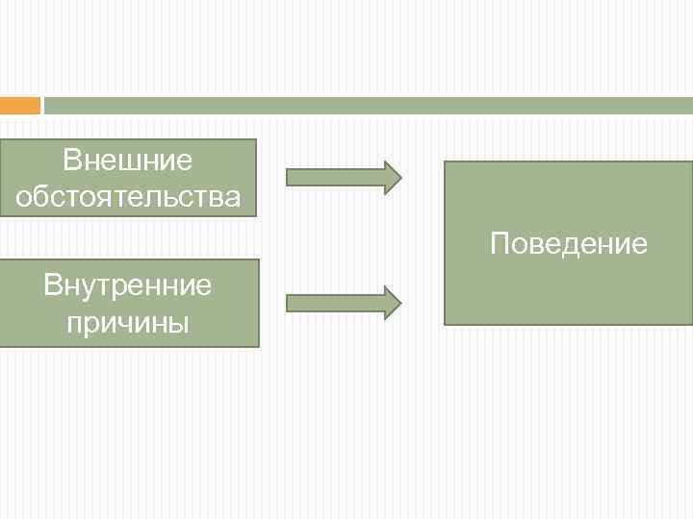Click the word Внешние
click(128, 160)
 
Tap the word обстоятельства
click(128, 197)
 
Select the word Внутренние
click(128, 284)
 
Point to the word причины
click(128, 322)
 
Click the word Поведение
click(568, 243)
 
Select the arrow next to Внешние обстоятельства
click(344, 177)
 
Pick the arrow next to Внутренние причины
click(344, 302)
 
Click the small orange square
click(20, 105)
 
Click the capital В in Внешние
click(70, 160)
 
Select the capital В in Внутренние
click(52, 284)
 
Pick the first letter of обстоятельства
click(23, 198)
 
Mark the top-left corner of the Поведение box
click(445, 162)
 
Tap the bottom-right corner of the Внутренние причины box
click(258, 345)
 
